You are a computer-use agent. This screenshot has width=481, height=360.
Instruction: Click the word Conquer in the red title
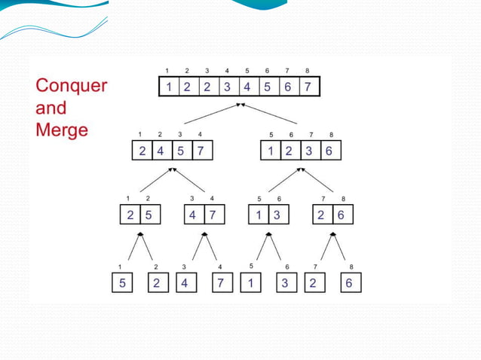[72, 86]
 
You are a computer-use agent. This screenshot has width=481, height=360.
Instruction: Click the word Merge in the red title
[62, 130]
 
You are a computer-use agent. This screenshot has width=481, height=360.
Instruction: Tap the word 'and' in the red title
[51, 108]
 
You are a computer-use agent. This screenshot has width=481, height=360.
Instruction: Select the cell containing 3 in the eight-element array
[227, 86]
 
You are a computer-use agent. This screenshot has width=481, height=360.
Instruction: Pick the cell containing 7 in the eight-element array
[307, 86]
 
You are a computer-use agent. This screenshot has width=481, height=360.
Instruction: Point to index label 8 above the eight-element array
[307, 71]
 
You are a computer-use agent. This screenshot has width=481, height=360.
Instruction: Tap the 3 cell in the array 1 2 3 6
[309, 150]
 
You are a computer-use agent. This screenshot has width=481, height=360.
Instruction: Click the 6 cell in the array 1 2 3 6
[329, 150]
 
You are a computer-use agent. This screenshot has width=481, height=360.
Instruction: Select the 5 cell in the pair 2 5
[149, 215]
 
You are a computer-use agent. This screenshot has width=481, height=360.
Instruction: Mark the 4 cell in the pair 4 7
[194, 215]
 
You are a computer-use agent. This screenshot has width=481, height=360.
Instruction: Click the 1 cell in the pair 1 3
[259, 215]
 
